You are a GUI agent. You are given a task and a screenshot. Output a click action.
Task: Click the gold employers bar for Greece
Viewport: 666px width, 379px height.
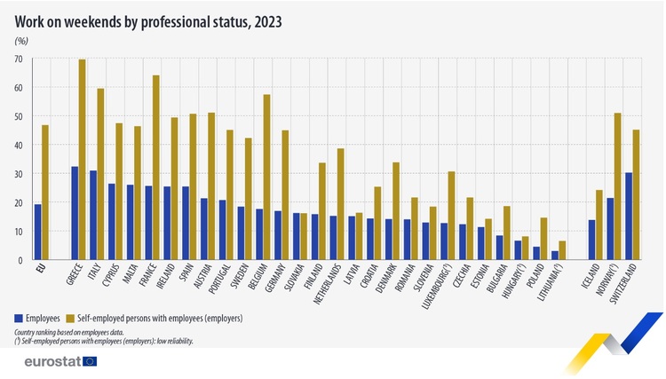click(83, 160)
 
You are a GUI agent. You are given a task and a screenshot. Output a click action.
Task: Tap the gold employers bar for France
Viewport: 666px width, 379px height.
click(156, 168)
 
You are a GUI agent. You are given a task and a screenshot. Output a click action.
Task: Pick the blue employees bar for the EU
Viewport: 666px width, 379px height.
click(37, 232)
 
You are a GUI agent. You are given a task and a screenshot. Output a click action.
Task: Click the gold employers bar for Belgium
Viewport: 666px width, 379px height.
click(266, 178)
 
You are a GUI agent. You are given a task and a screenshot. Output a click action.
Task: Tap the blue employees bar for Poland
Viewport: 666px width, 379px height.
click(535, 253)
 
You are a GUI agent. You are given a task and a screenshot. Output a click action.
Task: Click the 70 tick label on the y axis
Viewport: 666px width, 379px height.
click(17, 59)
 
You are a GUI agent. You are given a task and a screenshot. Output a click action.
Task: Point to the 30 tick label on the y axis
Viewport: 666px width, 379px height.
click(17, 174)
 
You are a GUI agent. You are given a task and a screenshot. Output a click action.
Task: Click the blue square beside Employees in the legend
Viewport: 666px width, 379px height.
click(19, 317)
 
